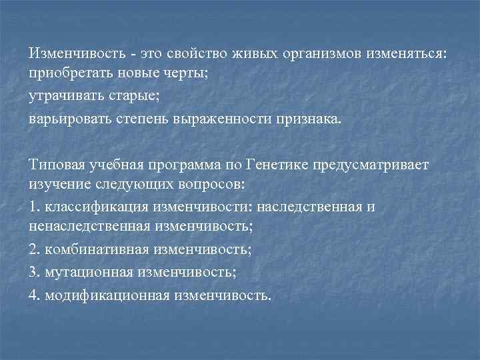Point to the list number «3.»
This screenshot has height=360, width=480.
[35, 273]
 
